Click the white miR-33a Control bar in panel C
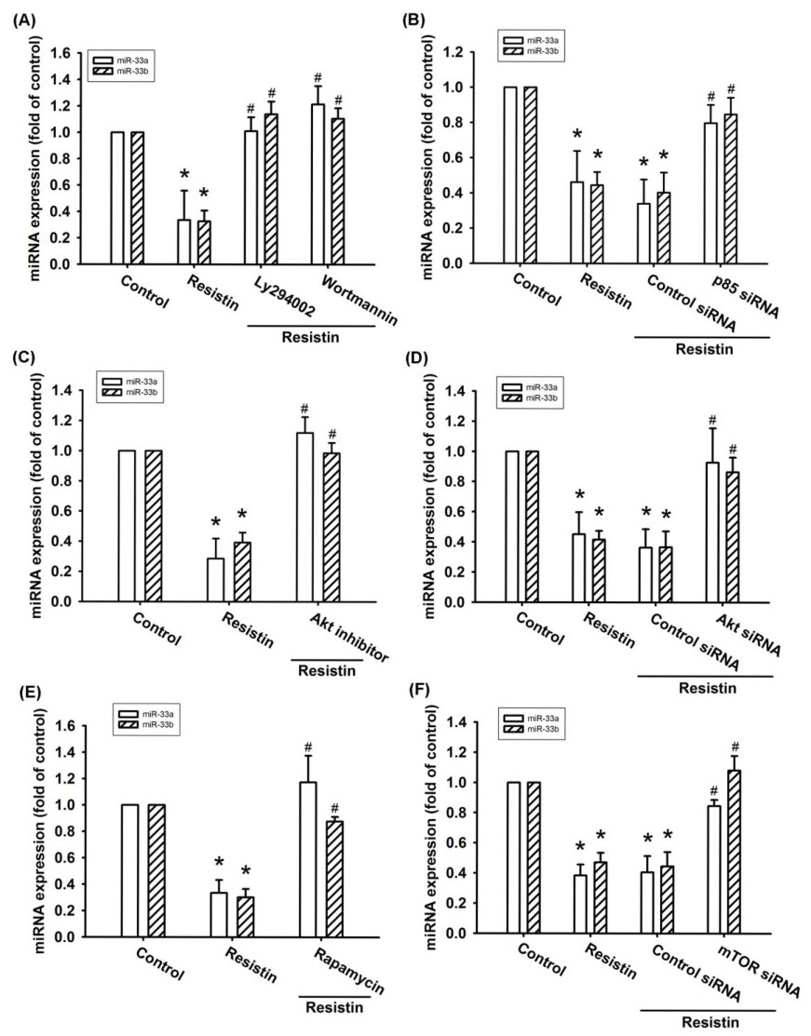[128, 526]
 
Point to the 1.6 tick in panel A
[61, 52]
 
